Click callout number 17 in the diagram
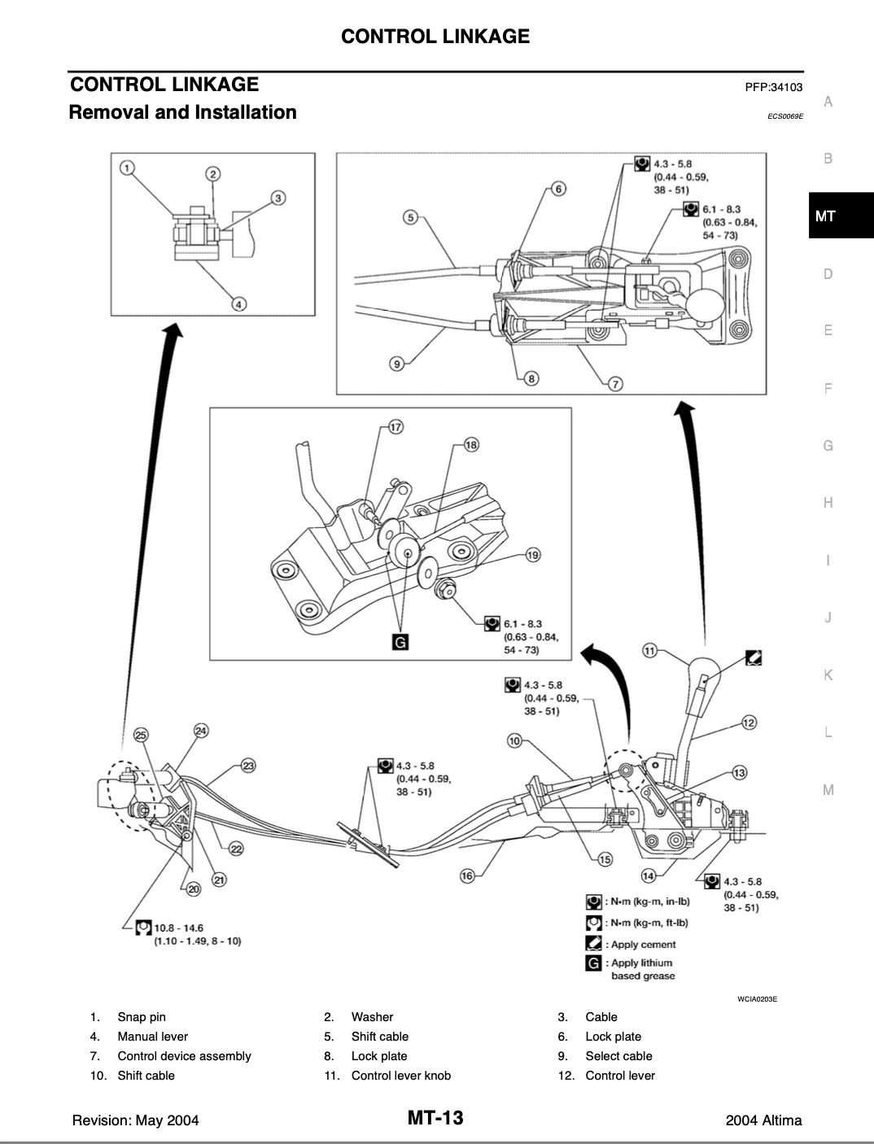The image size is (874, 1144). click(395, 427)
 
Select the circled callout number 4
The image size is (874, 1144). click(239, 304)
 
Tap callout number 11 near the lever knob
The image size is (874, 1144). click(649, 650)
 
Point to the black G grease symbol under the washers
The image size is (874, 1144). click(400, 642)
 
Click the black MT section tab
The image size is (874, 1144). click(841, 216)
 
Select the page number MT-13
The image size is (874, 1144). click(435, 1118)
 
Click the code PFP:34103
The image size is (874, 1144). click(773, 87)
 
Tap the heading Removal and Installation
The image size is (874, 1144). click(182, 112)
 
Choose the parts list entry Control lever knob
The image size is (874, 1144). click(400, 1076)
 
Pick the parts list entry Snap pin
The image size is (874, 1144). click(141, 1017)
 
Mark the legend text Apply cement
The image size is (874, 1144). click(643, 945)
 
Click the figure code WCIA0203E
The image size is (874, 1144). click(757, 999)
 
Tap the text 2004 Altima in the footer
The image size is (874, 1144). click(763, 1120)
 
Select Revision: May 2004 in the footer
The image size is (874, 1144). click(135, 1120)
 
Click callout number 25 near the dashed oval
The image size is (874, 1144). click(141, 735)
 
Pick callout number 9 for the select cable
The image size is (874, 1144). click(397, 364)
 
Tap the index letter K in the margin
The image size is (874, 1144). click(828, 675)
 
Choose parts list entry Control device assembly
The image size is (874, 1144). click(184, 1056)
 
